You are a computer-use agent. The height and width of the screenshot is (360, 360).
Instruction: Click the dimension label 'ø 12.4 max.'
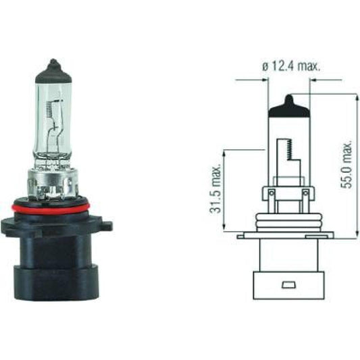tap(290, 66)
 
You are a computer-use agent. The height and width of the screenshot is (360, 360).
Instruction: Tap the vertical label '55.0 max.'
tap(348, 165)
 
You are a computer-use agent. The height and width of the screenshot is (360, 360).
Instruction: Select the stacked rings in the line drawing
tap(289, 222)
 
